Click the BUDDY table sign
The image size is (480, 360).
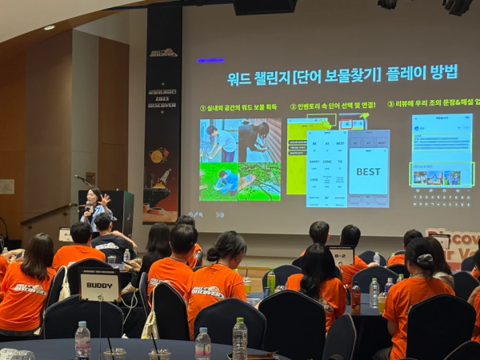pos(99,285)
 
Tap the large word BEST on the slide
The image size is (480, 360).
pos(368,171)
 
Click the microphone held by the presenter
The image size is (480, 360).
pos(86,206)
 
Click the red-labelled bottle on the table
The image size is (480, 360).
pos(355,298)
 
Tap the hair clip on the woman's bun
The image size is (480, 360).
pos(424,259)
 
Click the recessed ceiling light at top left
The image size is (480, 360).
pos(50,27)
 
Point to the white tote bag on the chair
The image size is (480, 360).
pos(65,284)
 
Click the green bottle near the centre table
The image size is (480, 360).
pos(271,281)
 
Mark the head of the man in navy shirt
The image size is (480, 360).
pos(102,222)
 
